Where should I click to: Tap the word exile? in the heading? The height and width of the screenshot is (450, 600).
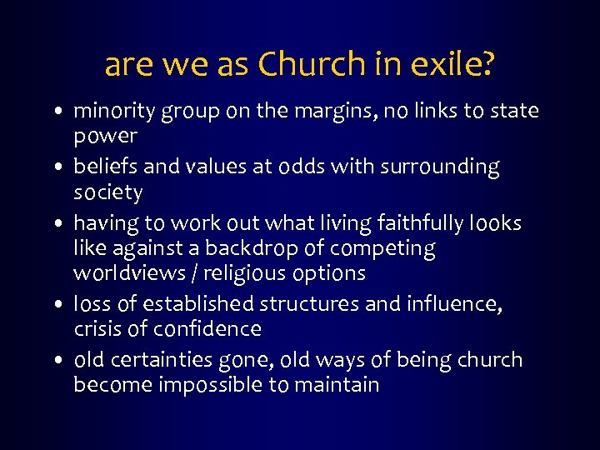pos(455,64)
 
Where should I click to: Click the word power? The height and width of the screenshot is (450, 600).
pos(105,136)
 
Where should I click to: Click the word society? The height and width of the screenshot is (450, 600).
pos(108,192)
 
